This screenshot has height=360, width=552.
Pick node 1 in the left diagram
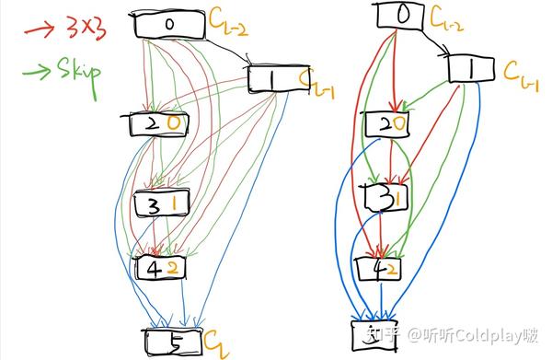(274, 81)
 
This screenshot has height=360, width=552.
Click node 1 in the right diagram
(472, 68)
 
